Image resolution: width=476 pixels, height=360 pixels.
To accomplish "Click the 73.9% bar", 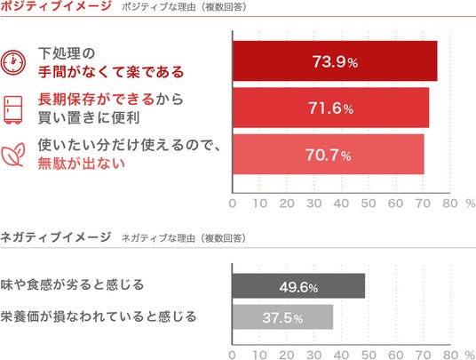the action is pos(335,61).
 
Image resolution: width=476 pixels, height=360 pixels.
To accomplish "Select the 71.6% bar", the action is pos(331,108).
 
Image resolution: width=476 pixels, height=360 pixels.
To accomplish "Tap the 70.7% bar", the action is pos(329,155).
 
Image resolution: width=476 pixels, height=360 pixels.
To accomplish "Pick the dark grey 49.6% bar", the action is pos(298,286).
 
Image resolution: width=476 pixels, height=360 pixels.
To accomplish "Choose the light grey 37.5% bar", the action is pos(282,317).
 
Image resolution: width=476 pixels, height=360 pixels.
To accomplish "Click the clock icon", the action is pos(13,62).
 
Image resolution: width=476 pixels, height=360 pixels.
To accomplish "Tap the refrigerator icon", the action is pos(13,109).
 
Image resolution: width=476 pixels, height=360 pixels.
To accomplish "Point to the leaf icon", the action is pos(13,155).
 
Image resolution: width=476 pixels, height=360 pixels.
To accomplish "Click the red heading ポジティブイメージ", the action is pos(56,5).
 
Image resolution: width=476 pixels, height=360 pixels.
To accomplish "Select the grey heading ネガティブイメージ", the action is pos(56,237).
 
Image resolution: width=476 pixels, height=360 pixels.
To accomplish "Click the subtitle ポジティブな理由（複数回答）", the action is pos(184,7).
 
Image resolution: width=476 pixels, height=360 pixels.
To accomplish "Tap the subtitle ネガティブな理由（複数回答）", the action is pos(184,238).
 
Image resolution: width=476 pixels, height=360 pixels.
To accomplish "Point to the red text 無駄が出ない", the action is pos(82,164).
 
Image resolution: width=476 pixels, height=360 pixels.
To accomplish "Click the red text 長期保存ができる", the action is pos(96,99).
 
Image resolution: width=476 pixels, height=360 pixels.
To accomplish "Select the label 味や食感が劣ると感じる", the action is pos(72,284).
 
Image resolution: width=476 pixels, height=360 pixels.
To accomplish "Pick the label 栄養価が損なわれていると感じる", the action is pos(99,316).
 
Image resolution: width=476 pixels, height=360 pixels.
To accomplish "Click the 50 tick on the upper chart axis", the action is pos(369,204).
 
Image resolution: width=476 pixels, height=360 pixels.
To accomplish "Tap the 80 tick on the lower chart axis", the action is pos(450,355).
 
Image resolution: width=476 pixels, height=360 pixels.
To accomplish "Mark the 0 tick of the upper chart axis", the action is pos(233,204).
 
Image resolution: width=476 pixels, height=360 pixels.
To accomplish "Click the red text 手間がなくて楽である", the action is pos(111,72).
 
